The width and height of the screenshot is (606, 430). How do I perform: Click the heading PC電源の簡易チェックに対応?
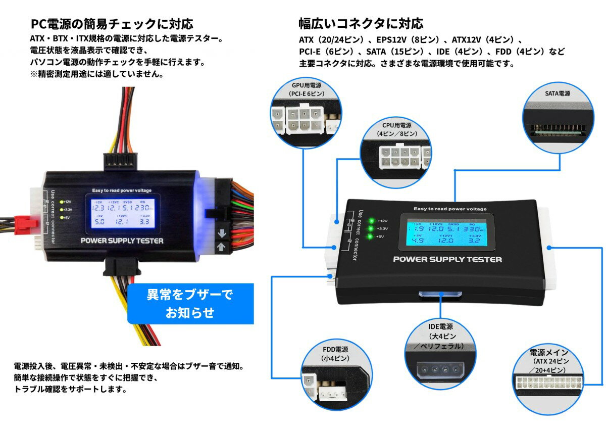(x=112, y=24)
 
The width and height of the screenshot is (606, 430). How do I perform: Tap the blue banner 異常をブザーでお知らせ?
(x=190, y=303)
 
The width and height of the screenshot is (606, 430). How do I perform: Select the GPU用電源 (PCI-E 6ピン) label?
(x=306, y=89)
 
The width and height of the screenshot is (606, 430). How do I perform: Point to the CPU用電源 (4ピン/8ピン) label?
(x=397, y=129)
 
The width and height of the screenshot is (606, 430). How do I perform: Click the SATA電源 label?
(x=557, y=93)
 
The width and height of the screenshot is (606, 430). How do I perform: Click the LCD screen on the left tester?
(x=122, y=212)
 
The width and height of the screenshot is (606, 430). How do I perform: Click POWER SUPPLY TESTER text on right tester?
(x=447, y=260)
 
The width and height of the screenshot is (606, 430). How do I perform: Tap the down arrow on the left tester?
(x=221, y=234)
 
